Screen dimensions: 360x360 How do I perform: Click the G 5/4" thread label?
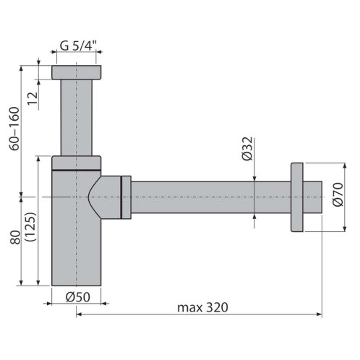click(x=78, y=46)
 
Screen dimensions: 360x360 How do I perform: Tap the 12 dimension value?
click(x=33, y=98)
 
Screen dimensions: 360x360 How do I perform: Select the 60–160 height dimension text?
click(x=14, y=129)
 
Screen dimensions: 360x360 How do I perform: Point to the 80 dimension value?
click(x=15, y=237)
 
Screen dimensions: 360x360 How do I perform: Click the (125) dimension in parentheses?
click(x=30, y=226)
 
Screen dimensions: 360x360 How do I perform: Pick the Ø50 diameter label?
click(x=78, y=297)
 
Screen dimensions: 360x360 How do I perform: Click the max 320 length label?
click(x=202, y=307)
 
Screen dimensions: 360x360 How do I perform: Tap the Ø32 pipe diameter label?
click(x=247, y=149)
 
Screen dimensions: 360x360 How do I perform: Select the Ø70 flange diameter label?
click(x=338, y=194)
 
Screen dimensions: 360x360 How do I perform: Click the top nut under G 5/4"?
click(x=77, y=72)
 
